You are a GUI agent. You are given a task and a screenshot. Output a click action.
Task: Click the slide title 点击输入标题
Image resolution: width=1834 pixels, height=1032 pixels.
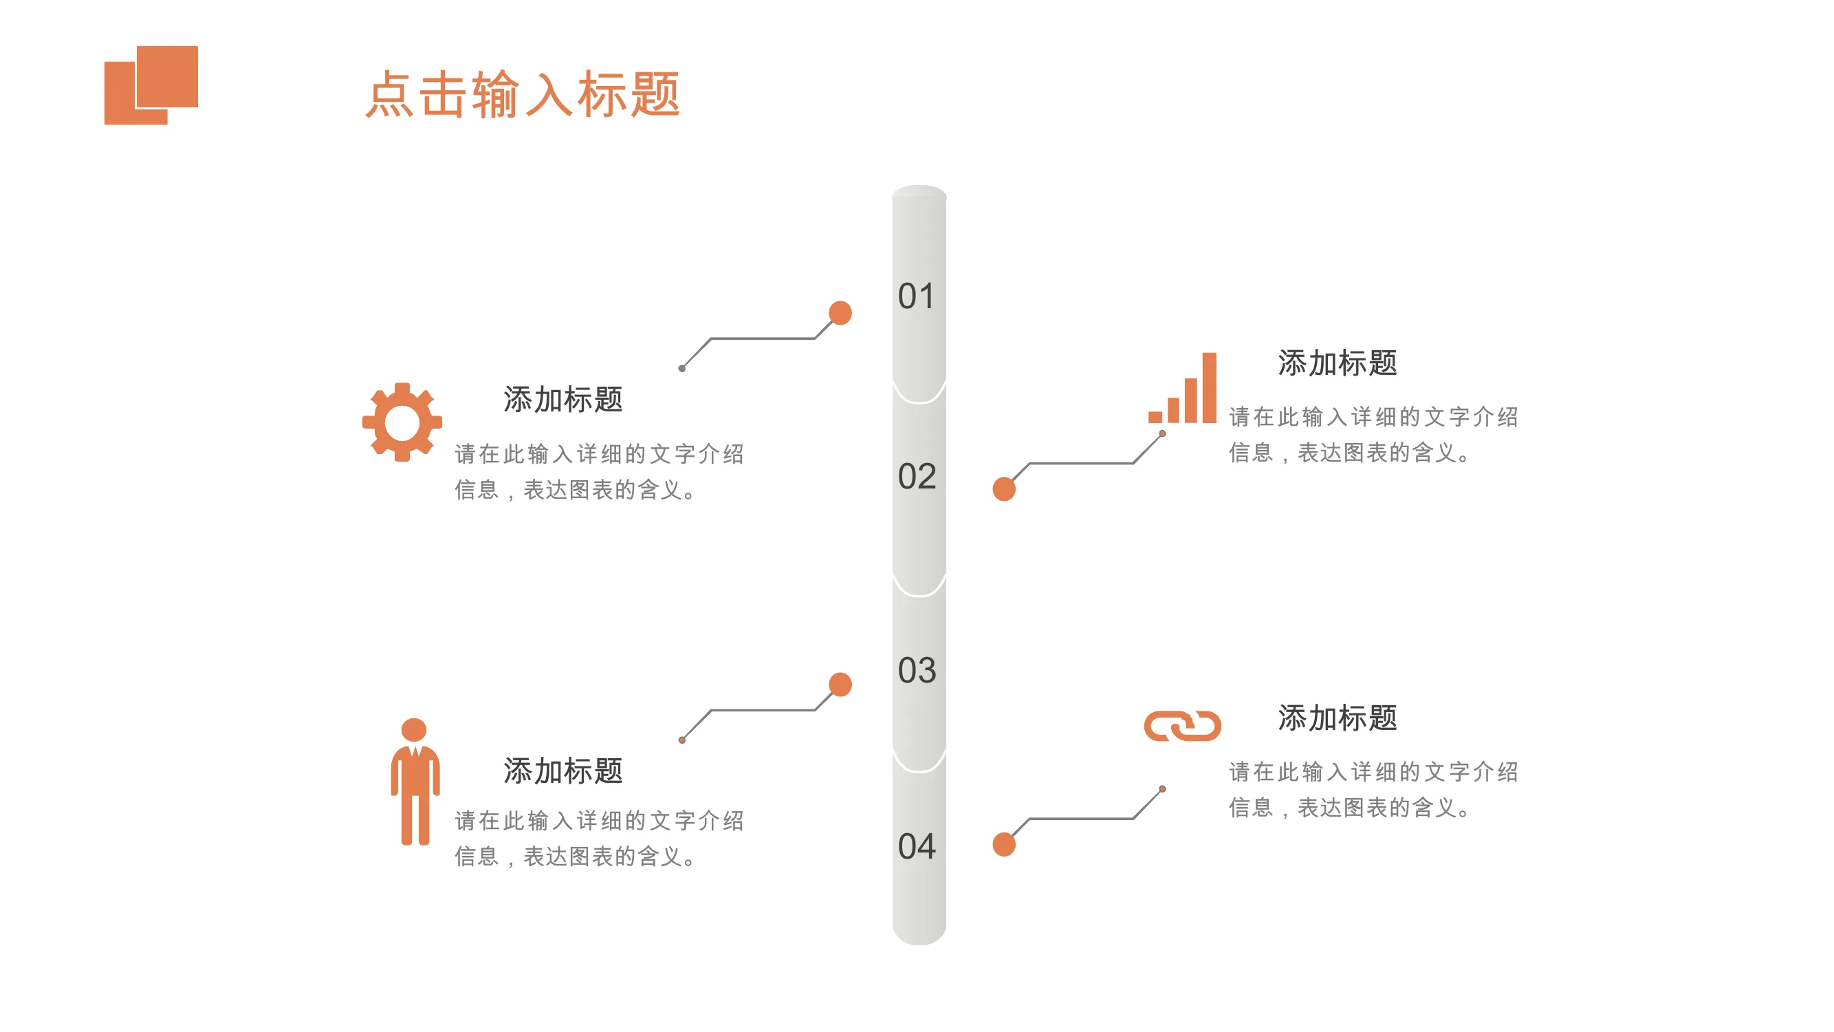(523, 94)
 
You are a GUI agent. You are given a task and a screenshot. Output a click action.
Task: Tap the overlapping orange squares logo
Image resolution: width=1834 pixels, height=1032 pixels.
(151, 85)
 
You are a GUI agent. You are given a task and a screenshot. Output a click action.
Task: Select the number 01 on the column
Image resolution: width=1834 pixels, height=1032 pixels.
(916, 297)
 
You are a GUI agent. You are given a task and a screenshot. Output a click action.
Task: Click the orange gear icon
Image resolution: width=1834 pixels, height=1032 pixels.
(402, 422)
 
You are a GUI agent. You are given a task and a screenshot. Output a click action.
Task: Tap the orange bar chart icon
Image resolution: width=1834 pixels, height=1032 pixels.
(1183, 387)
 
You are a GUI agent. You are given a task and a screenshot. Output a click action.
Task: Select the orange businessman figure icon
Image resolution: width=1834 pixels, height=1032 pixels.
(415, 782)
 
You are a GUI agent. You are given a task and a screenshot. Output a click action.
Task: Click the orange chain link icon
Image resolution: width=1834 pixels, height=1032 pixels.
(1183, 726)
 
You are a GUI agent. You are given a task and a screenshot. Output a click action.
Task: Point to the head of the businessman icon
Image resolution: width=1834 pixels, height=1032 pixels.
(414, 729)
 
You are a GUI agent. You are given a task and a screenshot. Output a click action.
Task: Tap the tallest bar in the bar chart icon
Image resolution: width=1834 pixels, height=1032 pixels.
(1210, 387)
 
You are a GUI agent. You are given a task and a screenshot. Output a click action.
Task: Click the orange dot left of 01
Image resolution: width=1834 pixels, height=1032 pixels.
(840, 312)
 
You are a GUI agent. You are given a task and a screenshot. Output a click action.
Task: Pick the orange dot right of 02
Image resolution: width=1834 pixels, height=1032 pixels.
(1004, 489)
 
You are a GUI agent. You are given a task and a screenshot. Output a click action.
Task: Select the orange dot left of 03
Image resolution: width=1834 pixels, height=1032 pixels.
(840, 685)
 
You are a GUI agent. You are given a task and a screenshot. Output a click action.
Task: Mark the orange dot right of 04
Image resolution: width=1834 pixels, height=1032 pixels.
(1004, 845)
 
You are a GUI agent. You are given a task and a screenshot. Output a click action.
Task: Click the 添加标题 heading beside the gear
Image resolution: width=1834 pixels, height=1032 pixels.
(563, 400)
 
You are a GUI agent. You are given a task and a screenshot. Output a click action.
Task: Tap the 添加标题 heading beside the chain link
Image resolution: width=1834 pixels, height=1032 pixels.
(1338, 718)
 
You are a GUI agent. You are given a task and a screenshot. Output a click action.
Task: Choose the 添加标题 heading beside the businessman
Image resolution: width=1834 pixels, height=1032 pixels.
(563, 771)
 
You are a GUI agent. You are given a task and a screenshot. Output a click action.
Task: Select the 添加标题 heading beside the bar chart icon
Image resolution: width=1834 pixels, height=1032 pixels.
(1338, 363)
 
